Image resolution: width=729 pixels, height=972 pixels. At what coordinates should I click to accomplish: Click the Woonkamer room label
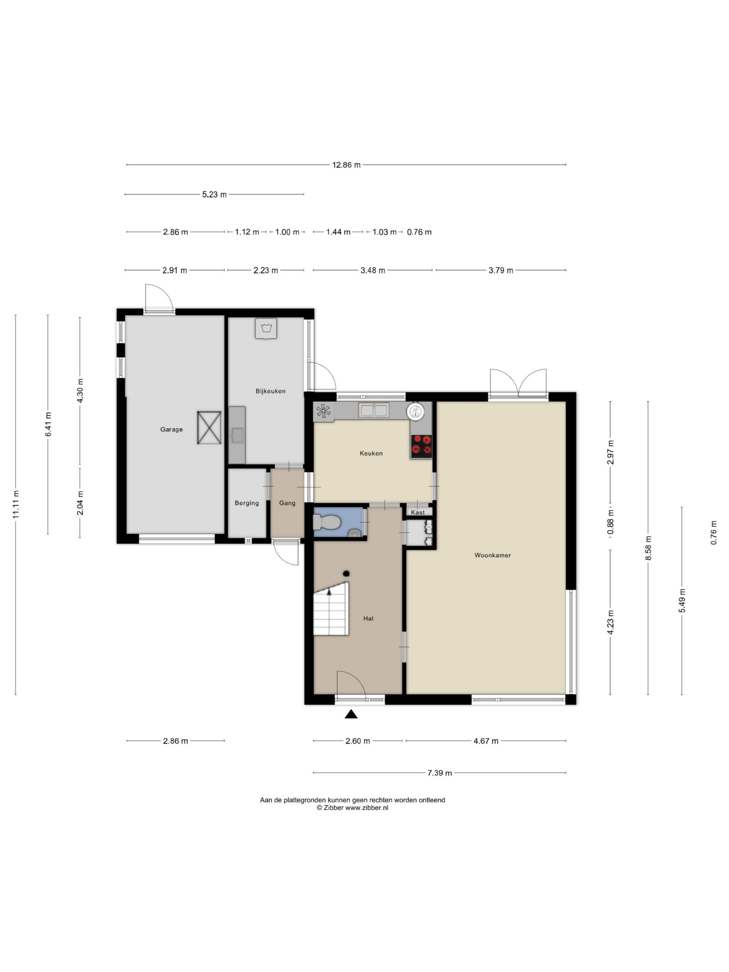492,555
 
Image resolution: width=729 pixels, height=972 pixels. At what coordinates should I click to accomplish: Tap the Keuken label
371,453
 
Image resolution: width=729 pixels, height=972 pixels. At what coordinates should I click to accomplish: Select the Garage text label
171,429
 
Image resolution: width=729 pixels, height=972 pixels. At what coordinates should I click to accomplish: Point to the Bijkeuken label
271,391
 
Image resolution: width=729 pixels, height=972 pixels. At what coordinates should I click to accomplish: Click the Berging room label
246,503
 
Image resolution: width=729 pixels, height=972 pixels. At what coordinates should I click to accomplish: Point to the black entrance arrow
351,714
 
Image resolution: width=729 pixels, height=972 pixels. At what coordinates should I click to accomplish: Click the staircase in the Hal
331,609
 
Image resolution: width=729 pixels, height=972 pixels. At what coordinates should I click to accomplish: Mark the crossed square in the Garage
209,428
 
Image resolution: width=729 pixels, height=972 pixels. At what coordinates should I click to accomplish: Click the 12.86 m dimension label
346,165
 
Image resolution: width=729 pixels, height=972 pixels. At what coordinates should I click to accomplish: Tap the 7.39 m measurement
439,773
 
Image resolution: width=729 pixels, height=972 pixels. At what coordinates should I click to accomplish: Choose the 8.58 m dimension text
648,548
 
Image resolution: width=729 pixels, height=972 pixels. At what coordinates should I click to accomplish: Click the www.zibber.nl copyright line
352,808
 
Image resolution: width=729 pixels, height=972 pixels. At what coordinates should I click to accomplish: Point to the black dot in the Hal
346,573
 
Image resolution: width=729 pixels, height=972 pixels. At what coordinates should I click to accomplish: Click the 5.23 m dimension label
215,194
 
